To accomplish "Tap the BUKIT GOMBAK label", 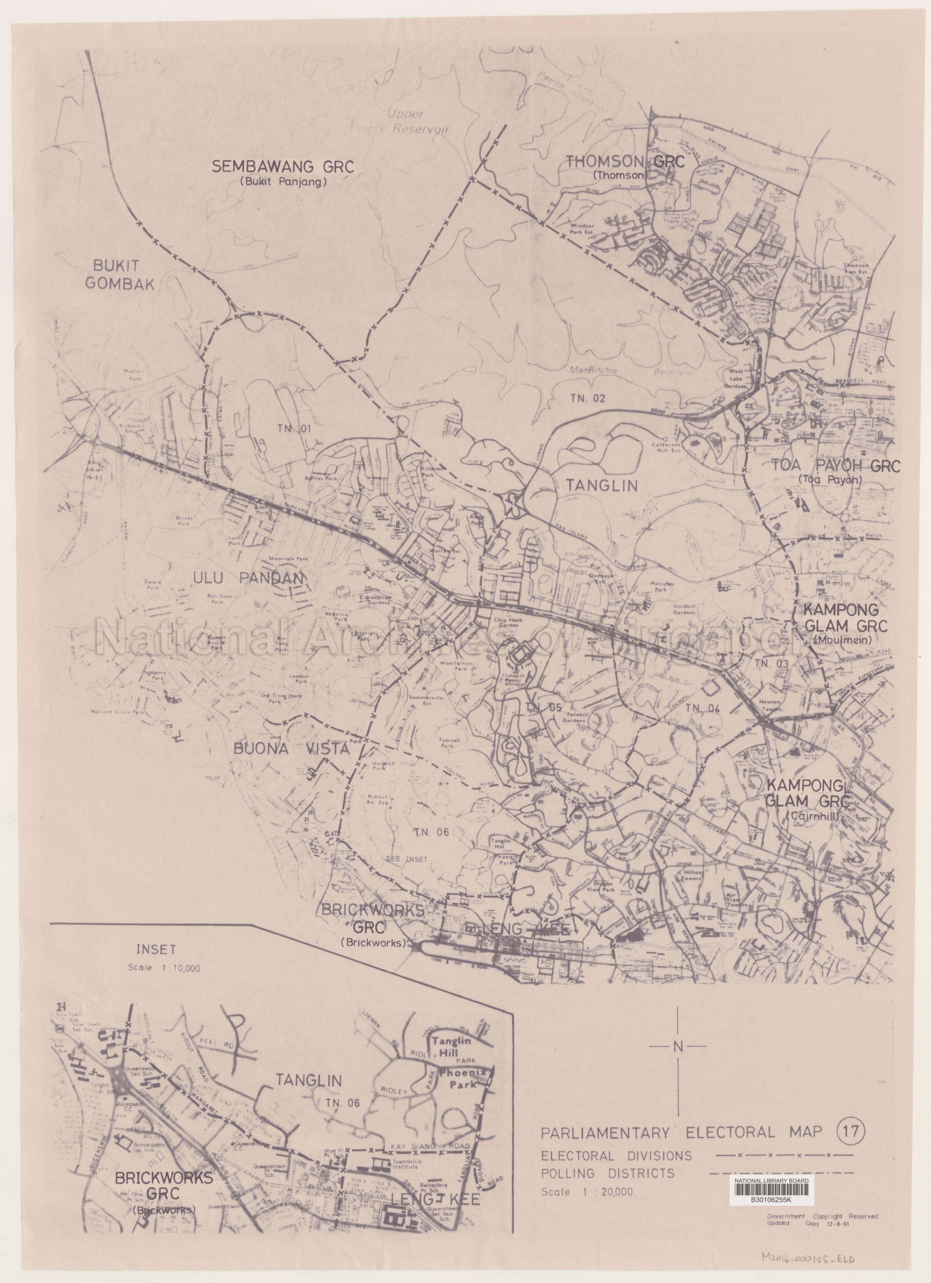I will (120, 275).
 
